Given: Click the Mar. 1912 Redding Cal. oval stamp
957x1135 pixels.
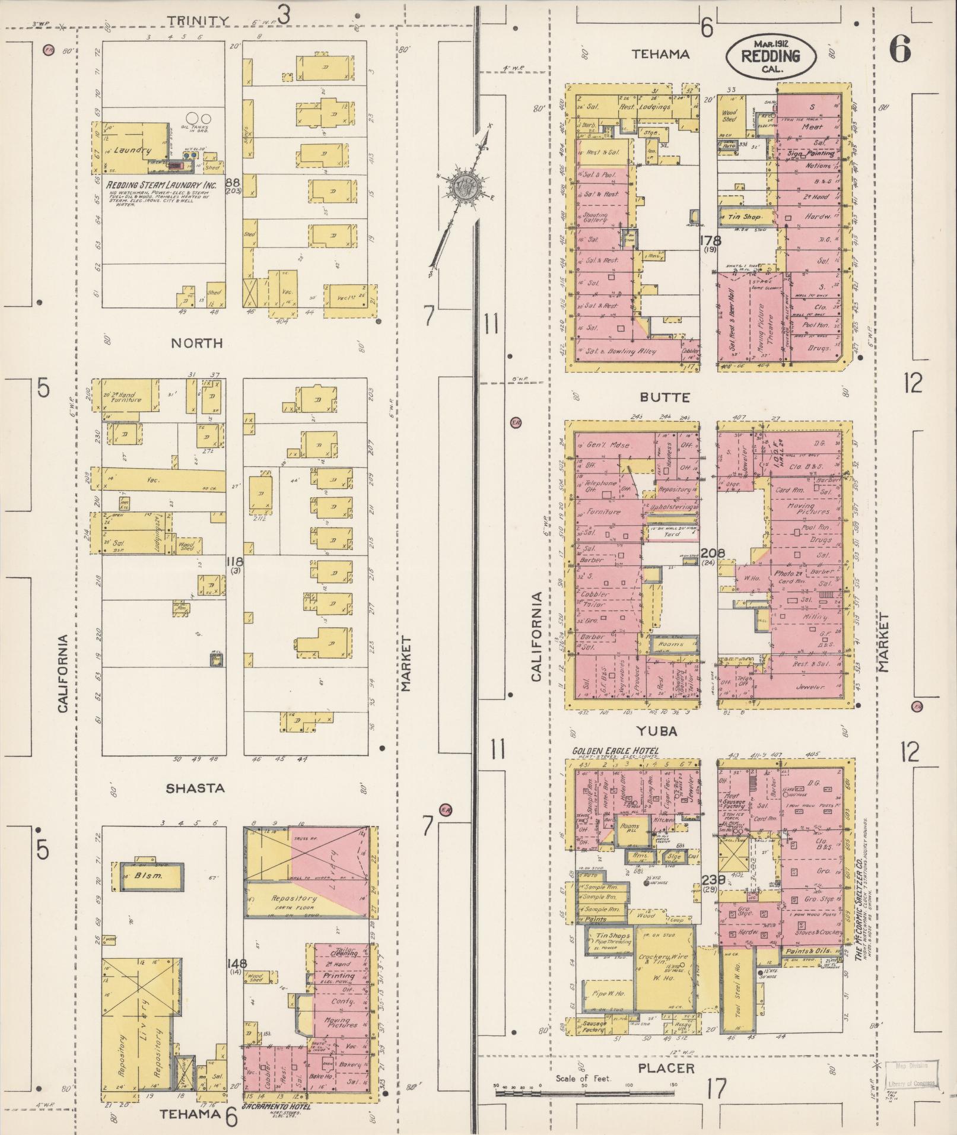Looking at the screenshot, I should click(770, 56).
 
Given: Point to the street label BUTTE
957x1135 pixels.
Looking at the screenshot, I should click(669, 397).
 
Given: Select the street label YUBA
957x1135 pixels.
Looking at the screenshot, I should click(657, 731).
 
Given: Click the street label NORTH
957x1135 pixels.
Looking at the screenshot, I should click(189, 343).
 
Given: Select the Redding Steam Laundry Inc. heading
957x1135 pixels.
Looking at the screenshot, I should click(161, 185).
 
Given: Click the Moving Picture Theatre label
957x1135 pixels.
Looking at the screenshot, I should click(765, 325).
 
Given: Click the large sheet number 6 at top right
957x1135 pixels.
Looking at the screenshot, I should click(899, 50).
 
